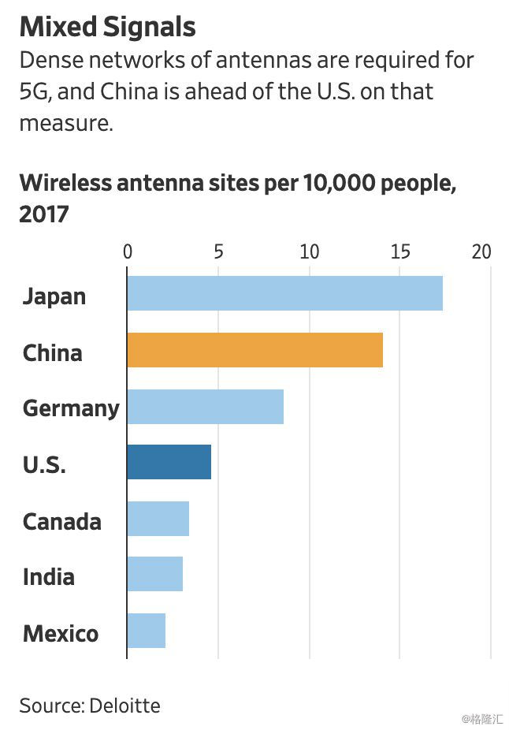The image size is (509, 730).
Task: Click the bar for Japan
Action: tap(284, 293)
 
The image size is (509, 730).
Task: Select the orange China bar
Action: tap(254, 350)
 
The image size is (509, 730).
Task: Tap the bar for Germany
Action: tap(205, 407)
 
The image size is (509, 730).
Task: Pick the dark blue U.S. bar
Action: tap(169, 462)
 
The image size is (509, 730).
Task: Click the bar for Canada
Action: tap(158, 519)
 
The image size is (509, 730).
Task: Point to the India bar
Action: tap(154, 574)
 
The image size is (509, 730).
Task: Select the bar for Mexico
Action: tap(146, 631)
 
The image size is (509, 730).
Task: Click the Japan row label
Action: tap(54, 296)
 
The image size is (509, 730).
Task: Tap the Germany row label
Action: tap(71, 408)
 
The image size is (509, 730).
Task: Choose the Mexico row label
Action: tap(61, 633)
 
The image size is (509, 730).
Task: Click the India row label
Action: tap(49, 576)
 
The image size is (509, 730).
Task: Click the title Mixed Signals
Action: tap(107, 28)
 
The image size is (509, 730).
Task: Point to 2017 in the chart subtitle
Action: tap(44, 214)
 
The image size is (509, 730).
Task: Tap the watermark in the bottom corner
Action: tap(482, 718)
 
